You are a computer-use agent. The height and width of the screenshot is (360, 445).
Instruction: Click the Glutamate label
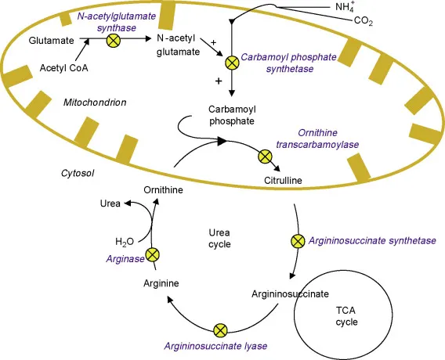click(52, 39)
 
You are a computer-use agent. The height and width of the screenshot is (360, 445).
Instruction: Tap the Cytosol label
click(78, 173)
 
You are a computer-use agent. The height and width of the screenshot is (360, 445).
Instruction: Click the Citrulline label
click(283, 181)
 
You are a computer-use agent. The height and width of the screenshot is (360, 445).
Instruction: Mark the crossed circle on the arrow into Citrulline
click(265, 157)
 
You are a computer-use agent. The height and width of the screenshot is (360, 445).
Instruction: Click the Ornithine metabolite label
click(163, 190)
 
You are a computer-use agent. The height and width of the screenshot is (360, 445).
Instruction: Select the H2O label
click(125, 241)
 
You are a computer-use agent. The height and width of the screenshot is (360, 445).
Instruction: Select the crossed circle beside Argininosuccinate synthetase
click(297, 240)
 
